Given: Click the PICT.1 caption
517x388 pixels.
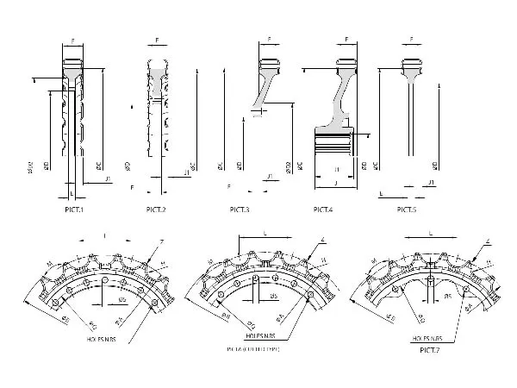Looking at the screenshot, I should point(72,210).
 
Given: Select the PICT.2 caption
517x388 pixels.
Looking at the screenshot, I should point(155,210).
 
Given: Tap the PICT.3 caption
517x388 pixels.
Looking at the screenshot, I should point(240,210).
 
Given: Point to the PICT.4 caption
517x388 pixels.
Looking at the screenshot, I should point(323,210).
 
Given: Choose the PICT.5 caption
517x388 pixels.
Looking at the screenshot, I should point(408,210).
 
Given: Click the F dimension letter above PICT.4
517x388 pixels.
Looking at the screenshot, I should point(345,39).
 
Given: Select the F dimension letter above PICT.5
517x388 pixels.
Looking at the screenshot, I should point(412,39).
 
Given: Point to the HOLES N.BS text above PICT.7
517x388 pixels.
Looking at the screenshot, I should point(429,339).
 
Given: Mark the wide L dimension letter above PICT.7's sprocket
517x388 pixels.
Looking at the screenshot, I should point(428,233).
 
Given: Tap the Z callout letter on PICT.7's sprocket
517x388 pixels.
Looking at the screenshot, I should point(487,242).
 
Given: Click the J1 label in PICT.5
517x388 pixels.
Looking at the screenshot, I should point(430,185).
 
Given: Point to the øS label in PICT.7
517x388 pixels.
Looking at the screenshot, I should point(447,295).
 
